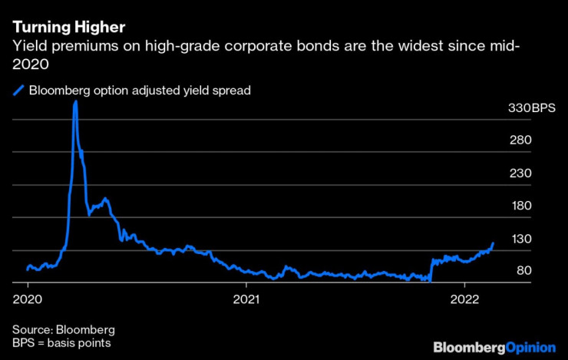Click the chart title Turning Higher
pyautogui.click(x=68, y=29)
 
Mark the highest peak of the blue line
pyautogui.click(x=75, y=101)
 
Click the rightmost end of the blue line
pyautogui.click(x=493, y=243)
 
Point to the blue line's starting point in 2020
pyautogui.click(x=27, y=269)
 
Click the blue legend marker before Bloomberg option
pyautogui.click(x=18, y=91)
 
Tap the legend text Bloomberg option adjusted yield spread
pyautogui.click(x=140, y=91)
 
